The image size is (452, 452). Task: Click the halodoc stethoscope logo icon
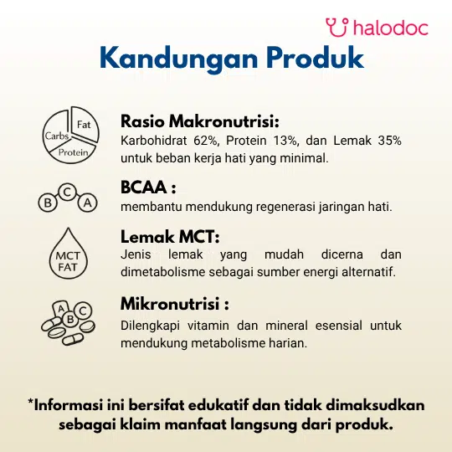coord(337,28)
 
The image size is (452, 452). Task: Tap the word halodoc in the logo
coord(391,28)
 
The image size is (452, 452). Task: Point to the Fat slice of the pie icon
coord(85,124)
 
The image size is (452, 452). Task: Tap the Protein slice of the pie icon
coord(73,152)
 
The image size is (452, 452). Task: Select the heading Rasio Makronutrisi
coord(200,121)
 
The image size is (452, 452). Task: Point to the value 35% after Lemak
coord(389,141)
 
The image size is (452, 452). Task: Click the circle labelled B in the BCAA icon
coord(48,203)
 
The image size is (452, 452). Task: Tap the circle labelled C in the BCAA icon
coord(67,192)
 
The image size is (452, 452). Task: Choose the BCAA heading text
coord(148,187)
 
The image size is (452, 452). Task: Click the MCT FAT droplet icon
coord(69,254)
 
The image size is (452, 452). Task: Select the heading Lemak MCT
coord(170,237)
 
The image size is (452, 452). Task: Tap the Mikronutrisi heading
coord(175,304)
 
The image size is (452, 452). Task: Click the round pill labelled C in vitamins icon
coord(83,311)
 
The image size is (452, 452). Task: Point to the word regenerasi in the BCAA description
coord(285,207)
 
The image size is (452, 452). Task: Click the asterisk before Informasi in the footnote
coord(31,401)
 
